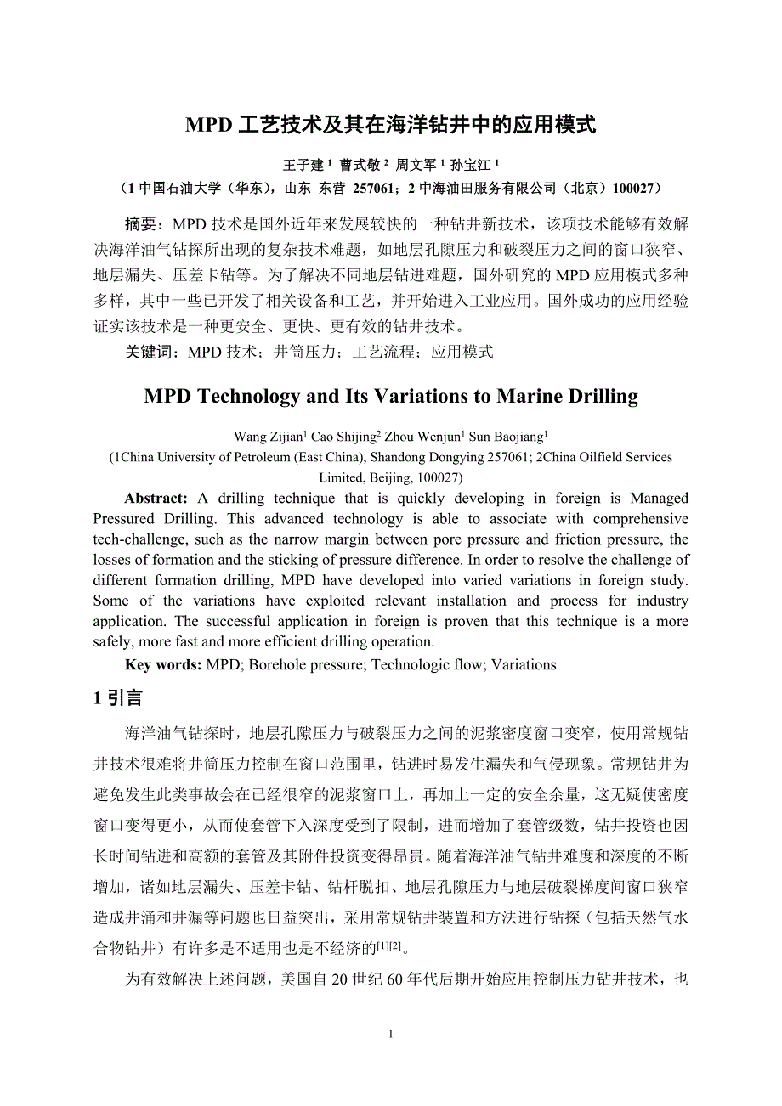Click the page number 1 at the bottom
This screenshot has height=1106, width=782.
(390, 1034)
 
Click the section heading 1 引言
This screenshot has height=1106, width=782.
(118, 698)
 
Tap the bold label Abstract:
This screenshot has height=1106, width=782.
(156, 499)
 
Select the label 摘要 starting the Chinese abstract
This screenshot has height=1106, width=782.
(142, 225)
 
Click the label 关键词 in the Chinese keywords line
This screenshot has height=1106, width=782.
(150, 352)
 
